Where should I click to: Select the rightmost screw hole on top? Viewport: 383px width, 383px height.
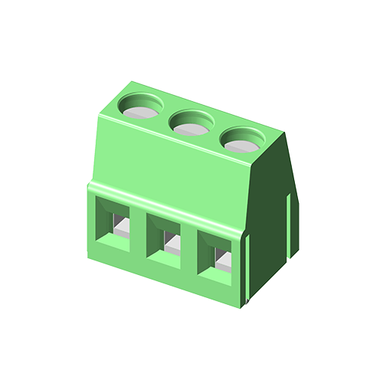[244, 139]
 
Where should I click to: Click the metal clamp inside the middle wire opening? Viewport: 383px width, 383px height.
[171, 244]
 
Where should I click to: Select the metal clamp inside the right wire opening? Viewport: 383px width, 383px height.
[223, 263]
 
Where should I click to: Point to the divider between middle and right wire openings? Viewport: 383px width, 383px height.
[191, 249]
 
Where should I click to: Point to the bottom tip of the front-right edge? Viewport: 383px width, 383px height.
[247, 306]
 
